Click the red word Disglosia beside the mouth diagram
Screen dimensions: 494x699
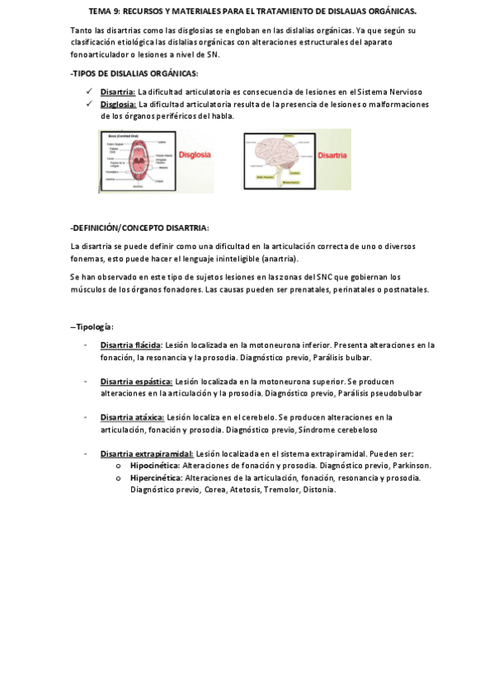click(x=195, y=154)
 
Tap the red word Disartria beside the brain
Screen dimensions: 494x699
click(x=332, y=154)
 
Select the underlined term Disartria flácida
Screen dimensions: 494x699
click(x=130, y=345)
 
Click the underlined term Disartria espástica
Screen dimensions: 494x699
click(x=136, y=381)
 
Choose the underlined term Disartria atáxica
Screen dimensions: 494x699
click(x=132, y=417)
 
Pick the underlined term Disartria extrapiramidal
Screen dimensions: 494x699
click(x=147, y=453)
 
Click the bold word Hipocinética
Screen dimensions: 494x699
click(x=157, y=465)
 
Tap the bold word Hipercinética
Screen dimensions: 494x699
click(x=158, y=477)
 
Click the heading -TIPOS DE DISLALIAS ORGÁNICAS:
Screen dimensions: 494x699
click(x=134, y=73)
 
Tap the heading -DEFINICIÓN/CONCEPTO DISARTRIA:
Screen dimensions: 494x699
click(x=140, y=228)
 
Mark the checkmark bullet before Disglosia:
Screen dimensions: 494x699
click(x=88, y=105)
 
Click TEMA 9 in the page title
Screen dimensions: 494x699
click(x=105, y=12)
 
